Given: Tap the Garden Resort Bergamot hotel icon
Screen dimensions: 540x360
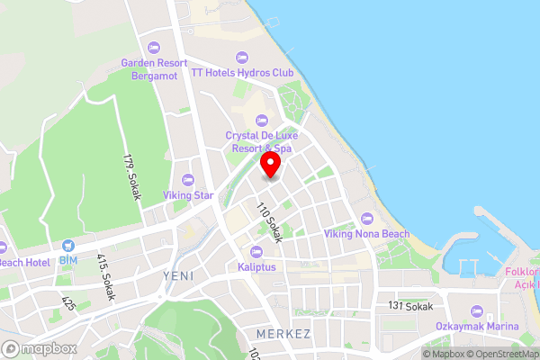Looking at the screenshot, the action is coord(155,47).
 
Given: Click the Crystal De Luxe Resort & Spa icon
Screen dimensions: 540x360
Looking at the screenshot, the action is coord(262,120).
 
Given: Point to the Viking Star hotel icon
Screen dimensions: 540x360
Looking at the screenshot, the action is coord(188,178).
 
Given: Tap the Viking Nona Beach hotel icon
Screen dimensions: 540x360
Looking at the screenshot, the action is coord(366,219).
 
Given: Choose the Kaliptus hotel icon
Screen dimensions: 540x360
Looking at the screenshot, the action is coord(257,251).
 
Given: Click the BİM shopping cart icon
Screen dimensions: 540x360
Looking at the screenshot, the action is coord(68,246).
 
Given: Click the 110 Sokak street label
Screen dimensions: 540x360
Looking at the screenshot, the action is coord(269,222).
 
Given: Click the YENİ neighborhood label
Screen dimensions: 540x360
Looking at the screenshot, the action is coord(178,275).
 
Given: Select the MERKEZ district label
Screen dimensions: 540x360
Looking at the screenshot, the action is coord(283,334).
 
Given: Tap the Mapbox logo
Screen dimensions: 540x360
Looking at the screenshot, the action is coord(40,348).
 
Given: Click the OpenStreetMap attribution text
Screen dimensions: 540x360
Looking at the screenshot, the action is coord(501,353).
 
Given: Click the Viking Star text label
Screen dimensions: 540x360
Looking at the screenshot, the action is coord(188,194).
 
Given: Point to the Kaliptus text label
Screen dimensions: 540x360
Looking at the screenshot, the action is coord(257,267).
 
